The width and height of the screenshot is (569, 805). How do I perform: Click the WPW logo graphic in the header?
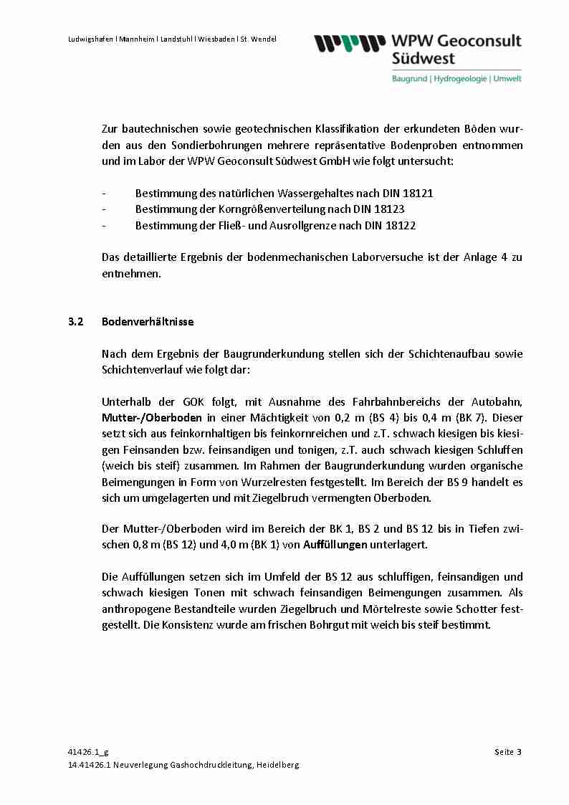click(348, 44)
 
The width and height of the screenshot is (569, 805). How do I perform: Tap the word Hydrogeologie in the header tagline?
click(461, 78)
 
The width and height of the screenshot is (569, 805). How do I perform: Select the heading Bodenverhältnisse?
click(148, 322)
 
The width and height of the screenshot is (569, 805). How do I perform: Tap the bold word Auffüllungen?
click(335, 545)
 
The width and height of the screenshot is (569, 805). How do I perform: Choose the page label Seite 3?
click(507, 752)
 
